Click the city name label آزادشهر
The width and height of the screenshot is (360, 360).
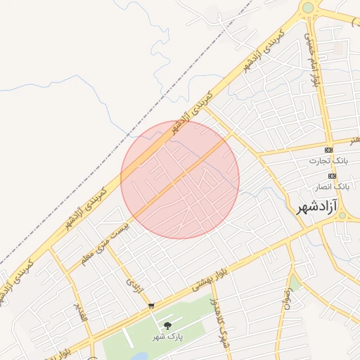point(312,207)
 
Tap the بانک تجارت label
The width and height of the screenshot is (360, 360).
point(328,161)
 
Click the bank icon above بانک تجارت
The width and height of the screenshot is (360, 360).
point(328,150)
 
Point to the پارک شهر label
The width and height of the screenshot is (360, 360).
point(168,337)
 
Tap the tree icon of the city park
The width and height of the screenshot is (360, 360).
point(167,325)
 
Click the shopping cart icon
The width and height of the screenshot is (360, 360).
point(151,306)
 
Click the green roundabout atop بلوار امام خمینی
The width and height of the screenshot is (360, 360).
point(307,8)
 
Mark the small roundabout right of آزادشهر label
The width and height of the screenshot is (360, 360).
point(342,215)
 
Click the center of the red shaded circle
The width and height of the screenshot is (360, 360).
point(180,179)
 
